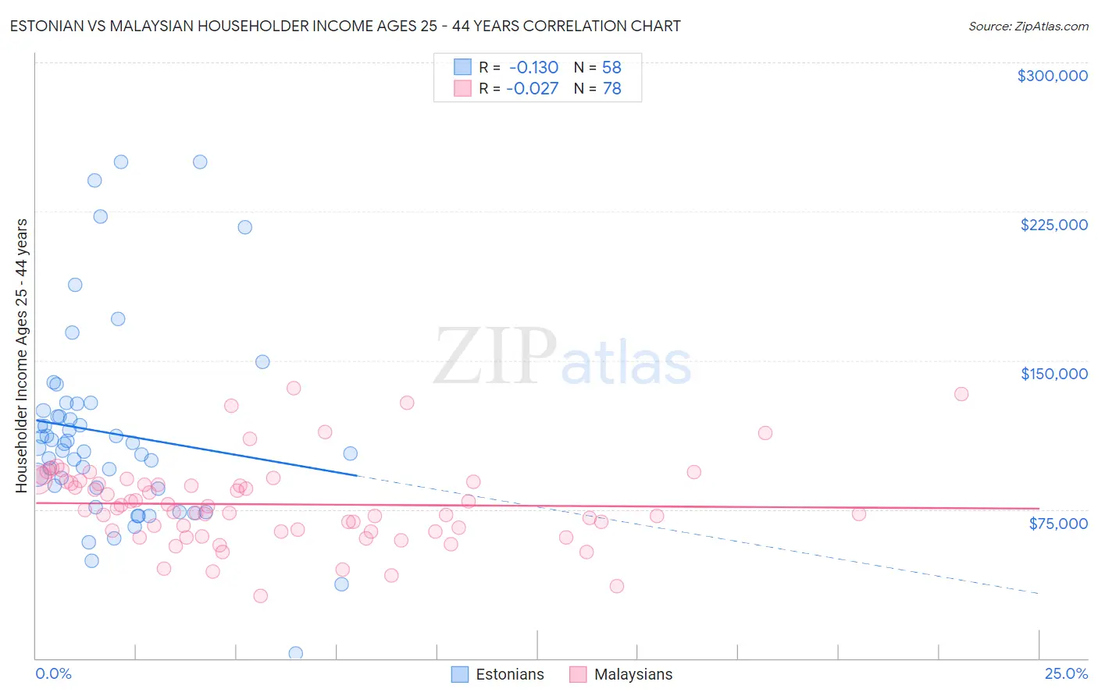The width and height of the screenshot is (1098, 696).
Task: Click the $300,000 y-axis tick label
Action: [1052, 76]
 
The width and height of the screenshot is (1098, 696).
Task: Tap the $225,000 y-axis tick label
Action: [1053, 225]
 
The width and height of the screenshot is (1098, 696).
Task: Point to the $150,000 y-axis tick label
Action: [1053, 374]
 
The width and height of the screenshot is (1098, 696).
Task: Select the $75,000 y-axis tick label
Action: [1057, 524]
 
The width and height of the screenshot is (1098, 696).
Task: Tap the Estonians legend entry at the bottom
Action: [498, 674]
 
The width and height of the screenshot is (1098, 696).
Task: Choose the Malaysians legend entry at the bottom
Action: [621, 674]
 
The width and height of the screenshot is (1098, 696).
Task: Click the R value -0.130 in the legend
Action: [533, 67]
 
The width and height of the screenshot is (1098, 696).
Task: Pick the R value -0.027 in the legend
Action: [532, 89]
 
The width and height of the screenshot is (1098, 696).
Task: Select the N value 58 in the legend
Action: [611, 67]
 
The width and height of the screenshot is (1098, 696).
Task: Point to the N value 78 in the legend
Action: [611, 89]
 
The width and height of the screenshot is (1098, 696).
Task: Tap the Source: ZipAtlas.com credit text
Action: [1028, 26]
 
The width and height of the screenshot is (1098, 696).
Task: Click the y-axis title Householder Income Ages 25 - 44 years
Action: [21, 356]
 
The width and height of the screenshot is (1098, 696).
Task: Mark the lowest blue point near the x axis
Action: [296, 653]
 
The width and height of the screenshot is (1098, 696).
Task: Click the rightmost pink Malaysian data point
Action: [961, 394]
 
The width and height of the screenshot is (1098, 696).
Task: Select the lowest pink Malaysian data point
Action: [261, 595]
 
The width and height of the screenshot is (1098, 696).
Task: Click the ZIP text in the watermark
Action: [494, 357]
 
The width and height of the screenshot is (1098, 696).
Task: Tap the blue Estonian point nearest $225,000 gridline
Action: [101, 217]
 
